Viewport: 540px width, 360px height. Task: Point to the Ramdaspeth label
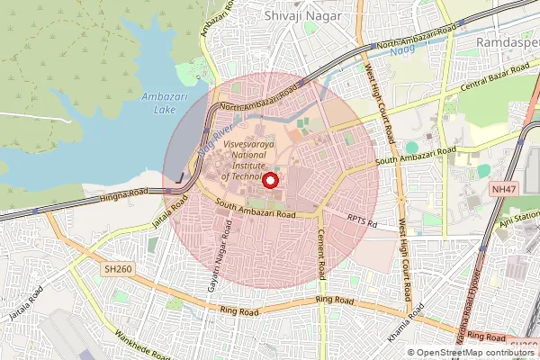pos(506,41)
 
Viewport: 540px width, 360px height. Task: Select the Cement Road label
pos(321,252)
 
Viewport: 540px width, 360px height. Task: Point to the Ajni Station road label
pos(520,220)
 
